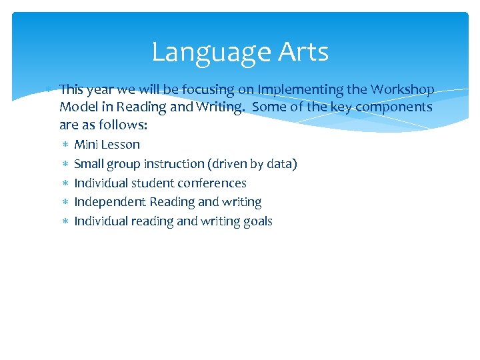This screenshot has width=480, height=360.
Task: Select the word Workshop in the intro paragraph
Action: (403, 89)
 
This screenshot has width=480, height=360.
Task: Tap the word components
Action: (397, 107)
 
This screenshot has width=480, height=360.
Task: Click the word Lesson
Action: (121, 145)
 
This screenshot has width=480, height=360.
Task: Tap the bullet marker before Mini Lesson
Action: (65, 145)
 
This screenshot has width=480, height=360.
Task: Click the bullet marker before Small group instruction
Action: (65, 164)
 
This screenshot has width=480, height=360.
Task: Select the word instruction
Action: (180, 164)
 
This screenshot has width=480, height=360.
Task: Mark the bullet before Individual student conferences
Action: (65, 183)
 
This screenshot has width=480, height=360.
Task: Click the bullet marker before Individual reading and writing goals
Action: (65, 221)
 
